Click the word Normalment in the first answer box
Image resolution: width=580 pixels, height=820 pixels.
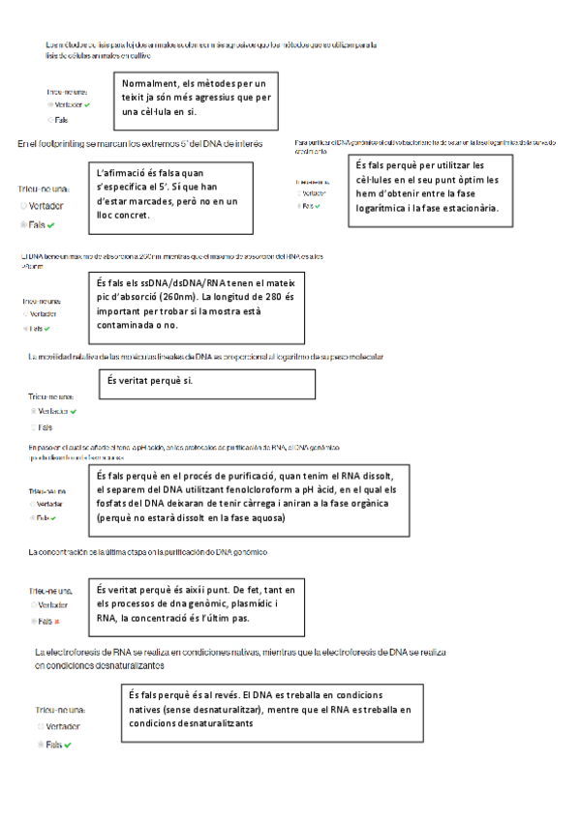(x=153, y=84)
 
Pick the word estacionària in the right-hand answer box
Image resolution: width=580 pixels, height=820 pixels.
(x=467, y=208)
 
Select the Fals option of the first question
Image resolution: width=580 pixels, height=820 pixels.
(x=60, y=120)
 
